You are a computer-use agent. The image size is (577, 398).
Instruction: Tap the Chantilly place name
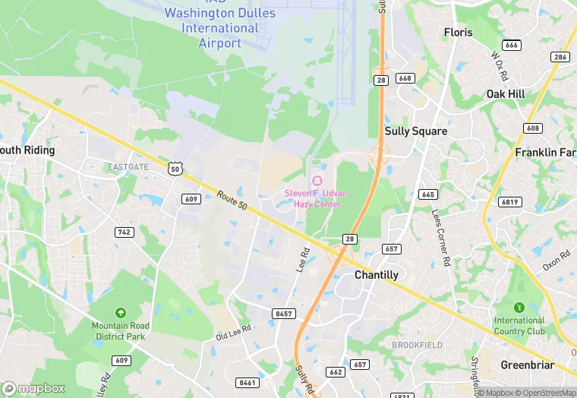click(377, 275)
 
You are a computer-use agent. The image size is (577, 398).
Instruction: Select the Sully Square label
click(416, 131)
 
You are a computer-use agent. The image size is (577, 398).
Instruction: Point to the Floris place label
click(459, 33)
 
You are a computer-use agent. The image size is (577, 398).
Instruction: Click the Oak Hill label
click(507, 93)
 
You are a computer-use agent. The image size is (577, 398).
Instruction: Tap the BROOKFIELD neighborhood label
click(417, 345)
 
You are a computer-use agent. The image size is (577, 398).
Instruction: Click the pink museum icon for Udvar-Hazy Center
click(317, 181)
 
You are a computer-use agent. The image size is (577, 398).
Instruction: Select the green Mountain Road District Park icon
click(120, 313)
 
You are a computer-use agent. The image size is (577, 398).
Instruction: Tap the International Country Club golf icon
click(519, 308)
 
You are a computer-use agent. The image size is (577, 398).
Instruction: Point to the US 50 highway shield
click(176, 169)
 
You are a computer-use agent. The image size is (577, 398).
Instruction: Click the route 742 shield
click(124, 232)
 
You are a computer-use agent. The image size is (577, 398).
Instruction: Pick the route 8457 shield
click(285, 314)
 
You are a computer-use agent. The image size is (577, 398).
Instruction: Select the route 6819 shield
click(510, 202)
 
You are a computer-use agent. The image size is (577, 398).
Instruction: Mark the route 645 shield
click(427, 194)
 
